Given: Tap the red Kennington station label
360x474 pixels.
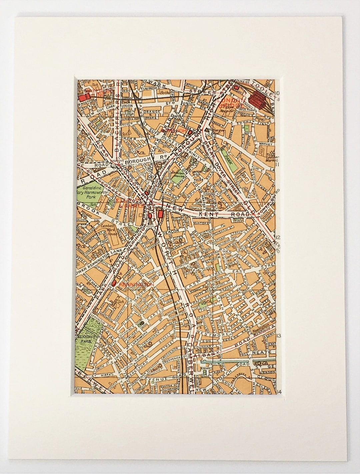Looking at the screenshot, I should click(133, 284).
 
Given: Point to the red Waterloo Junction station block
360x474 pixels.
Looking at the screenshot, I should click(82, 89).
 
